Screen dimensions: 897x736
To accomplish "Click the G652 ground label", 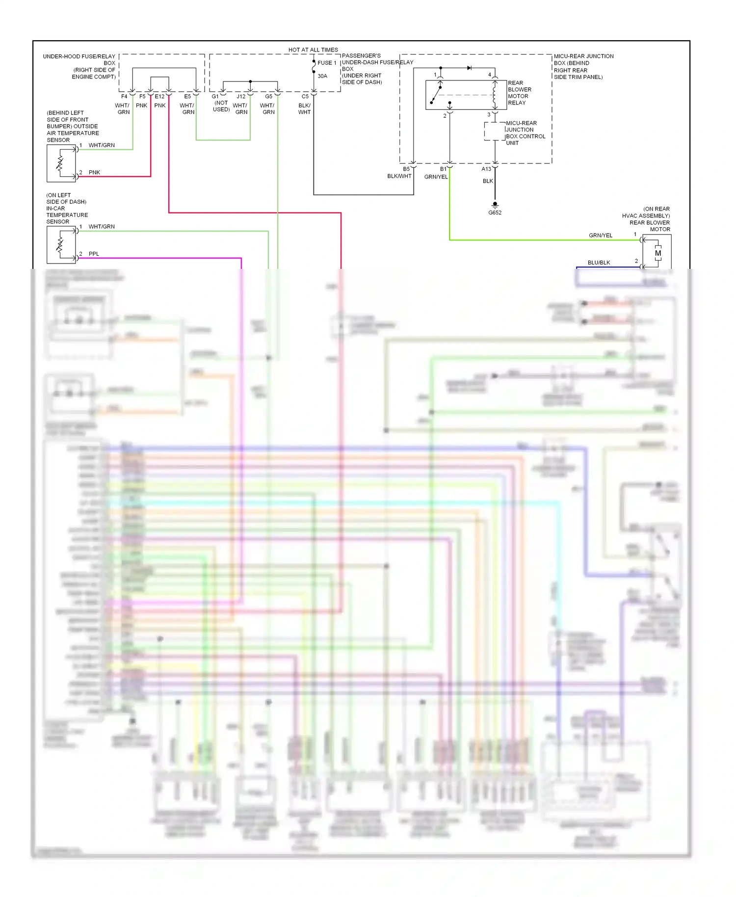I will [495, 212].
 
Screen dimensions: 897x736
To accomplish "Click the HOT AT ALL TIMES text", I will [313, 50].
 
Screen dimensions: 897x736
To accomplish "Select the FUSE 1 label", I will [327, 63].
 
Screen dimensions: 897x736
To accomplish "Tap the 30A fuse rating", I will [322, 76].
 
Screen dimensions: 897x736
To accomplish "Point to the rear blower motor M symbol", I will [657, 253].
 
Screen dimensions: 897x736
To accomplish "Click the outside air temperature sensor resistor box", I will [61, 163].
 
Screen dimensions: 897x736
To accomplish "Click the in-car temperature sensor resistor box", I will [61, 244].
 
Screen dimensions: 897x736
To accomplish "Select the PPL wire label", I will [94, 254].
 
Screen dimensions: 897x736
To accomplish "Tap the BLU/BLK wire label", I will [599, 263].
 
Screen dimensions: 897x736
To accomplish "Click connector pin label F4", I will [124, 97].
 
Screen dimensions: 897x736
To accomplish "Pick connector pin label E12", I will [159, 97].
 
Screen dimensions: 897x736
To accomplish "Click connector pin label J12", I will [241, 97].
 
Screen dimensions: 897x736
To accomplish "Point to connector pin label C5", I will [305, 97].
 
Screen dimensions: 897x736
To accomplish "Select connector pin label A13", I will [486, 169].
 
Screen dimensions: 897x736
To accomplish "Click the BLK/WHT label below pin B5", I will [399, 176].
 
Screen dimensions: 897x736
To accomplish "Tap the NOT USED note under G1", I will [221, 106].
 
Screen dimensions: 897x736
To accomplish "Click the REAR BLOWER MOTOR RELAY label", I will [519, 93].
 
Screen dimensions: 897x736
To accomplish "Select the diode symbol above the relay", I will [469, 68].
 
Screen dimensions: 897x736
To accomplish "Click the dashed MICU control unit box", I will [495, 132].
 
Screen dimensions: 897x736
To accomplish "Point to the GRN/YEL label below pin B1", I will [436, 177].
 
